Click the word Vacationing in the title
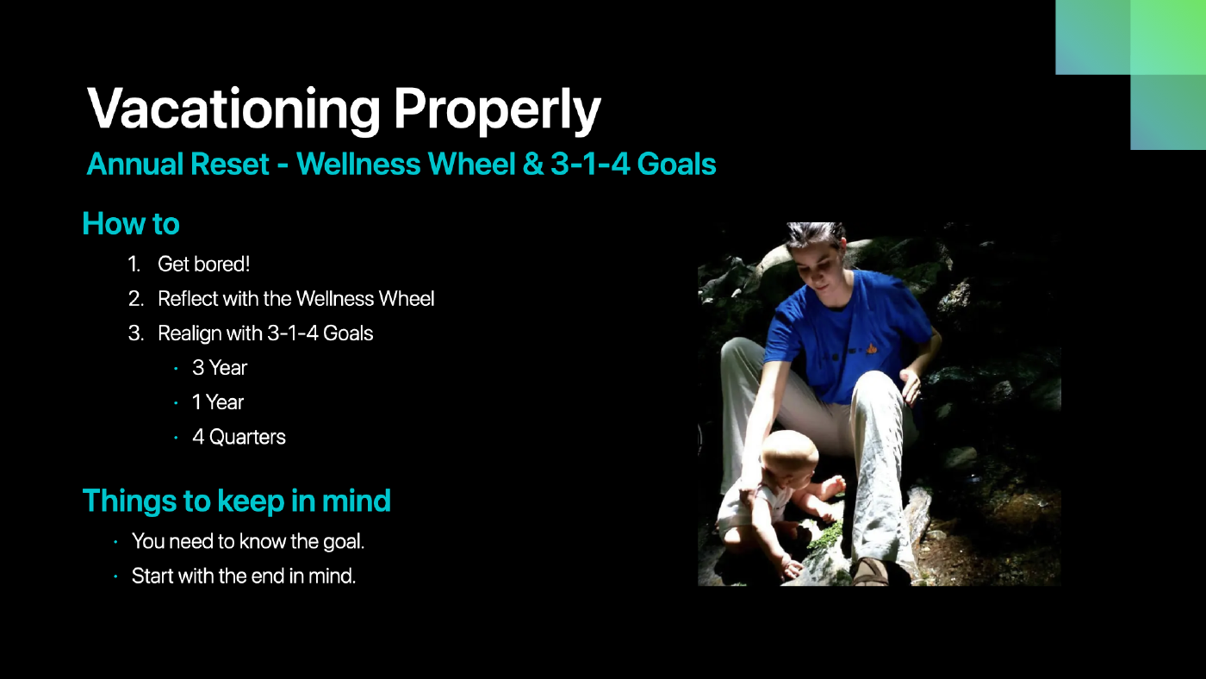click(233, 109)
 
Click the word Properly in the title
click(497, 111)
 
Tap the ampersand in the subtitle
click(533, 165)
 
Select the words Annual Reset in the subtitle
click(178, 164)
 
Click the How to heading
click(131, 223)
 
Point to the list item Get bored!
click(203, 265)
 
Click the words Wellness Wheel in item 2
click(365, 299)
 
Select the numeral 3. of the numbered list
click(136, 333)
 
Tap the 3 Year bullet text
click(220, 368)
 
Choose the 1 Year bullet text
click(218, 402)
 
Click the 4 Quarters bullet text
click(239, 437)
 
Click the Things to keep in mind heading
click(236, 501)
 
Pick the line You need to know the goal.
click(248, 541)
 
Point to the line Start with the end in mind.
click(244, 576)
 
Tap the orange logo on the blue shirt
click(872, 349)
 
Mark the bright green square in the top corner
click(1168, 37)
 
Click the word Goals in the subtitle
click(677, 165)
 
